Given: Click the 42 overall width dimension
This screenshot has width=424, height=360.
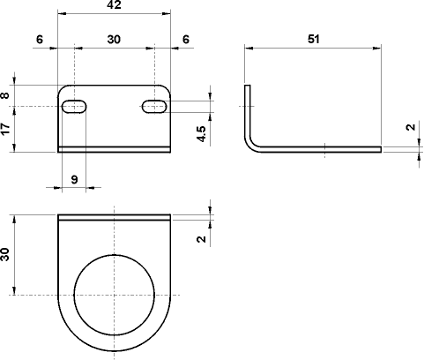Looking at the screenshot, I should coord(114,5).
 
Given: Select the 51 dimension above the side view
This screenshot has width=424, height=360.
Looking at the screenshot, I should coord(314,39).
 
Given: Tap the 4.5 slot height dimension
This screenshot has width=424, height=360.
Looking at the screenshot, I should coord(202,134).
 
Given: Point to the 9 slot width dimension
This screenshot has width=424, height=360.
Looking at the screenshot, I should coord(73,179).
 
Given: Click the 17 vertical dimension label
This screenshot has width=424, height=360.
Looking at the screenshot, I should coord(6,129).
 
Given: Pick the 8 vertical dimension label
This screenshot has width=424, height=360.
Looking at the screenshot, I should coord(6,95).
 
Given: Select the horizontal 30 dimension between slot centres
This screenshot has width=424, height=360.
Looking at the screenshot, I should coord(114,40).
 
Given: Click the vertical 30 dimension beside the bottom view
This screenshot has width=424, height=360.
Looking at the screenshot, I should coord(6,254).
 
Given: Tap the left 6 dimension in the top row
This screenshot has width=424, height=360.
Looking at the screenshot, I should coord(41,40).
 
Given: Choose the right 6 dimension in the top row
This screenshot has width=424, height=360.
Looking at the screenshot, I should coord(185,40).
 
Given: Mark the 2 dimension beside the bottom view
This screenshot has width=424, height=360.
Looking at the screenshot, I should coord(202,238).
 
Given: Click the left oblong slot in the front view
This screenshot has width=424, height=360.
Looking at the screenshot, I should coord(73,107).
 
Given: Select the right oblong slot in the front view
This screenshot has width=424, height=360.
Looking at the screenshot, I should coord(154,107).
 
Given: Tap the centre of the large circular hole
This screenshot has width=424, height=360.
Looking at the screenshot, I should coord(114,295).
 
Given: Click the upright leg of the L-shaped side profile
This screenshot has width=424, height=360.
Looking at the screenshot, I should coord(248,110).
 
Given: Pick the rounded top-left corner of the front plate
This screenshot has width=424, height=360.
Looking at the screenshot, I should coord(62,89).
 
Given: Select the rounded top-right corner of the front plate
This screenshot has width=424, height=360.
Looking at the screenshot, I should coord(166,89).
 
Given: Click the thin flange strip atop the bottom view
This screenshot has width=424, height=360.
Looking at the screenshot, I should coord(114,216).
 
